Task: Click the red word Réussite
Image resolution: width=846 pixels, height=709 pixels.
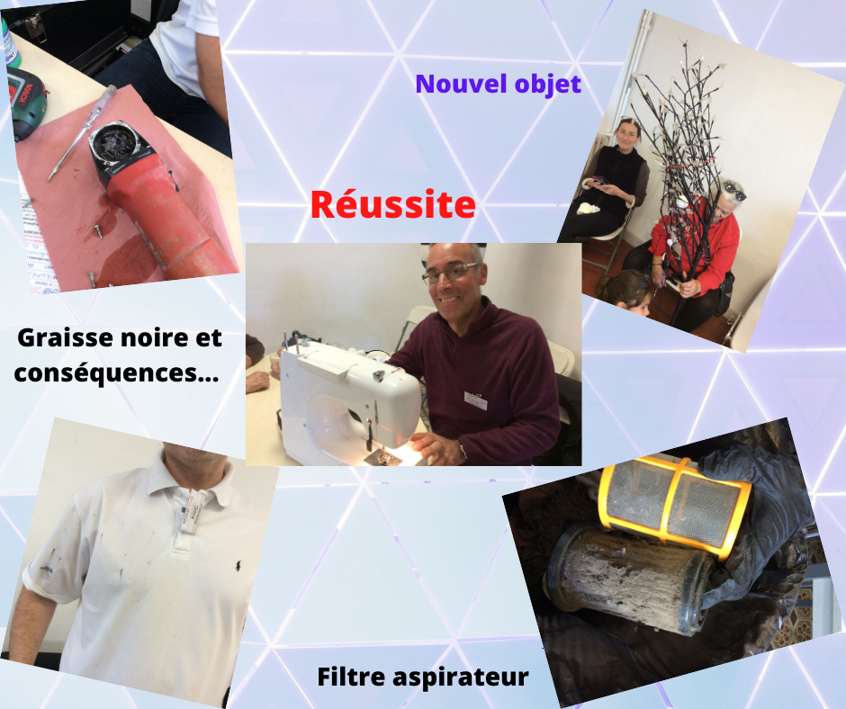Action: (x=392, y=204)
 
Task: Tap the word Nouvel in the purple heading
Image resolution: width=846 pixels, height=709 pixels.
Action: (x=462, y=84)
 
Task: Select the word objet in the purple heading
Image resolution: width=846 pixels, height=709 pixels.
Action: (x=547, y=85)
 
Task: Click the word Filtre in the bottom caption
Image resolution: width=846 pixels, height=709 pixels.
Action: (x=351, y=677)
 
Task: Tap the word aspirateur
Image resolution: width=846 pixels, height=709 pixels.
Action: (x=460, y=678)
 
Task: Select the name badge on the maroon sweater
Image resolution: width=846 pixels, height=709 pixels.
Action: (x=475, y=399)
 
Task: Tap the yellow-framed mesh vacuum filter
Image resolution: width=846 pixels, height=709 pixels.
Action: (x=674, y=505)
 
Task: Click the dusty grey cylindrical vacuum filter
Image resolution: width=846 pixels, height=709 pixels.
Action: (x=628, y=577)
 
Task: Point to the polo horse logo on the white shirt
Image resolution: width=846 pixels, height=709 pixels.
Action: (x=237, y=566)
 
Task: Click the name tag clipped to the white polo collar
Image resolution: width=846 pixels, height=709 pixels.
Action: (x=192, y=512)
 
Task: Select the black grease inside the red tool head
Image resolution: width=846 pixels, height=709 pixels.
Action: (x=115, y=143)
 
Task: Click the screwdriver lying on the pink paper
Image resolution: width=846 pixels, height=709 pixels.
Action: (x=82, y=131)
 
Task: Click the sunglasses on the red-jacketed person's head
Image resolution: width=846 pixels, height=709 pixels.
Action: (x=734, y=191)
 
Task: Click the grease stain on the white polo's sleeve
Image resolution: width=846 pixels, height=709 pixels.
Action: (x=49, y=561)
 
